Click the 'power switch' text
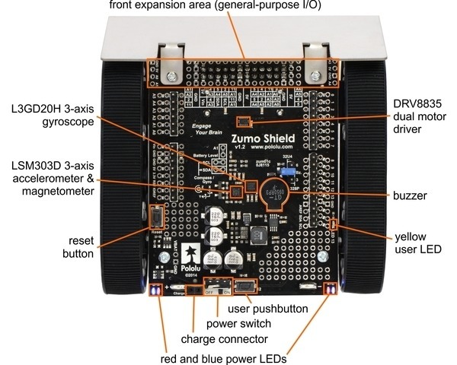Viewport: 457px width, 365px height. point(248,323)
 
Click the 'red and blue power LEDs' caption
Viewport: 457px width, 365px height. point(228,357)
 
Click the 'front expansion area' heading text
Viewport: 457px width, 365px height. point(216,7)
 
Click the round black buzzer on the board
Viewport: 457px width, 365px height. point(272,193)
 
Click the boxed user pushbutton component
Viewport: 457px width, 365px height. point(244,287)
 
